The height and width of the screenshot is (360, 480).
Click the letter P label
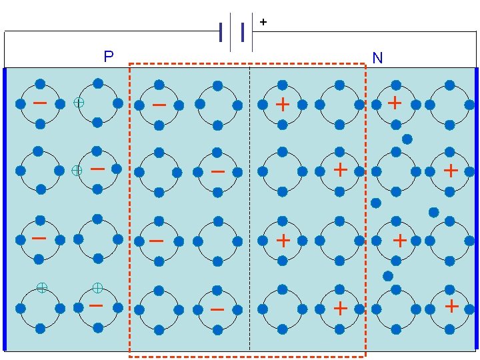(109, 57)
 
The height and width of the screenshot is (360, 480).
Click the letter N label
(377, 59)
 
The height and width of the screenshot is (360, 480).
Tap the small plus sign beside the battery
(263, 23)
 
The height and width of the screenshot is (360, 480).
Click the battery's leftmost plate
(221, 31)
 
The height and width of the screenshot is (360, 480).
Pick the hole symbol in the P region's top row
(79, 103)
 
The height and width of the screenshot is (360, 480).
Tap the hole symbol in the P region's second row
(76, 170)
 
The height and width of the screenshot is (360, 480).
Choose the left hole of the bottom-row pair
(41, 287)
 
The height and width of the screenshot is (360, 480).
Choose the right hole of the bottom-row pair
(97, 287)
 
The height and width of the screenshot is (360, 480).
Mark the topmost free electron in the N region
(407, 139)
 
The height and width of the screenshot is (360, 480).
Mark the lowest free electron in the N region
(388, 276)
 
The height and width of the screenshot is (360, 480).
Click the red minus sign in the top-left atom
(40, 103)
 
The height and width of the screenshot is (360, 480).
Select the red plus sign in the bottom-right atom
(451, 306)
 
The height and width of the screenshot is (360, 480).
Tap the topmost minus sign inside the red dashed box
(159, 105)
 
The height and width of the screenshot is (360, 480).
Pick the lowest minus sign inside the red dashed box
(217, 309)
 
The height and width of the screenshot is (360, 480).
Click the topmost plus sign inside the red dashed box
(283, 104)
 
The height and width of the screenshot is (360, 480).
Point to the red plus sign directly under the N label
(395, 103)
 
